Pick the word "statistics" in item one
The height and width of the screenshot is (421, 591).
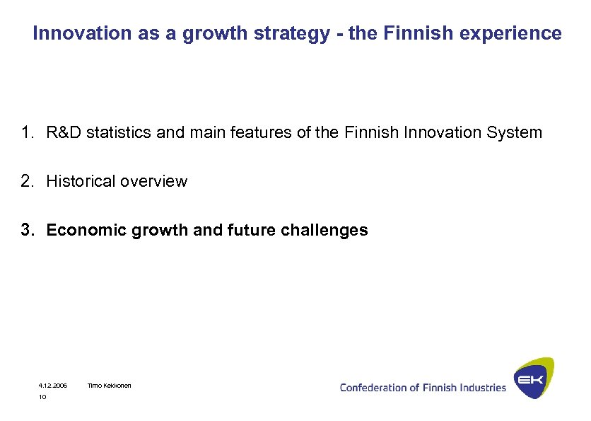[115, 132]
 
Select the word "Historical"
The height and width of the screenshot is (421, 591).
[81, 181]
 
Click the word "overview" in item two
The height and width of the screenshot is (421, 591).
[153, 181]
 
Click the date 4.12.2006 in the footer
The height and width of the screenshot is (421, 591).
[52, 386]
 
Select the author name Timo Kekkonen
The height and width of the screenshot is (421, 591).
[109, 386]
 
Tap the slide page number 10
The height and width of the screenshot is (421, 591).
[42, 398]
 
